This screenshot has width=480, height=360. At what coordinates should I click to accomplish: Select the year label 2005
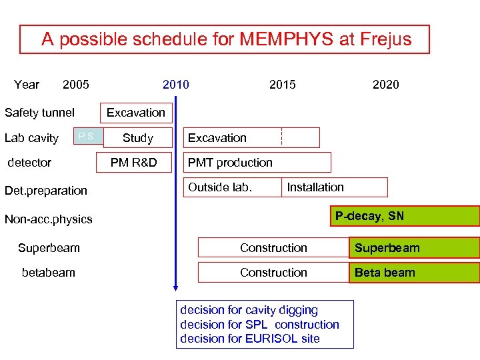[x=75, y=84]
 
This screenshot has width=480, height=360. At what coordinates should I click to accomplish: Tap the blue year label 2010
[x=176, y=84]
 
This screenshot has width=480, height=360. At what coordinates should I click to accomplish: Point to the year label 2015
[x=283, y=84]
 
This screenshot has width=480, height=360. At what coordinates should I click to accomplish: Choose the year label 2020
[x=386, y=84]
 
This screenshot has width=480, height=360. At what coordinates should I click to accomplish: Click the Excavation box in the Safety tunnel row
[x=136, y=113]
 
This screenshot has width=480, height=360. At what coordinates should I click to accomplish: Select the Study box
[x=138, y=138]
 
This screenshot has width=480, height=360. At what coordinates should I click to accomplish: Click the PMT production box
[x=257, y=163]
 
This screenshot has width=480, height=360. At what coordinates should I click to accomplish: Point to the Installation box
[x=335, y=187]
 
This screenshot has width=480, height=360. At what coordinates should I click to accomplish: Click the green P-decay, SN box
[x=405, y=216]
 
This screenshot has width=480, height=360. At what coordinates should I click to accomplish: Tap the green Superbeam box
[x=413, y=248]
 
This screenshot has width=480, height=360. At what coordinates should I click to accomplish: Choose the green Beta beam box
[x=413, y=273]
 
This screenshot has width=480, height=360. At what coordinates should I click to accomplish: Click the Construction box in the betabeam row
[x=273, y=273]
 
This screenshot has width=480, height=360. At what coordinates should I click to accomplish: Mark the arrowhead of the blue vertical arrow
[x=175, y=287]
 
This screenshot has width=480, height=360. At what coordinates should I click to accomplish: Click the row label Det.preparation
[x=46, y=191]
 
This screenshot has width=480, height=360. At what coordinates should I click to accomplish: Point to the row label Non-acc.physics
[x=49, y=219]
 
